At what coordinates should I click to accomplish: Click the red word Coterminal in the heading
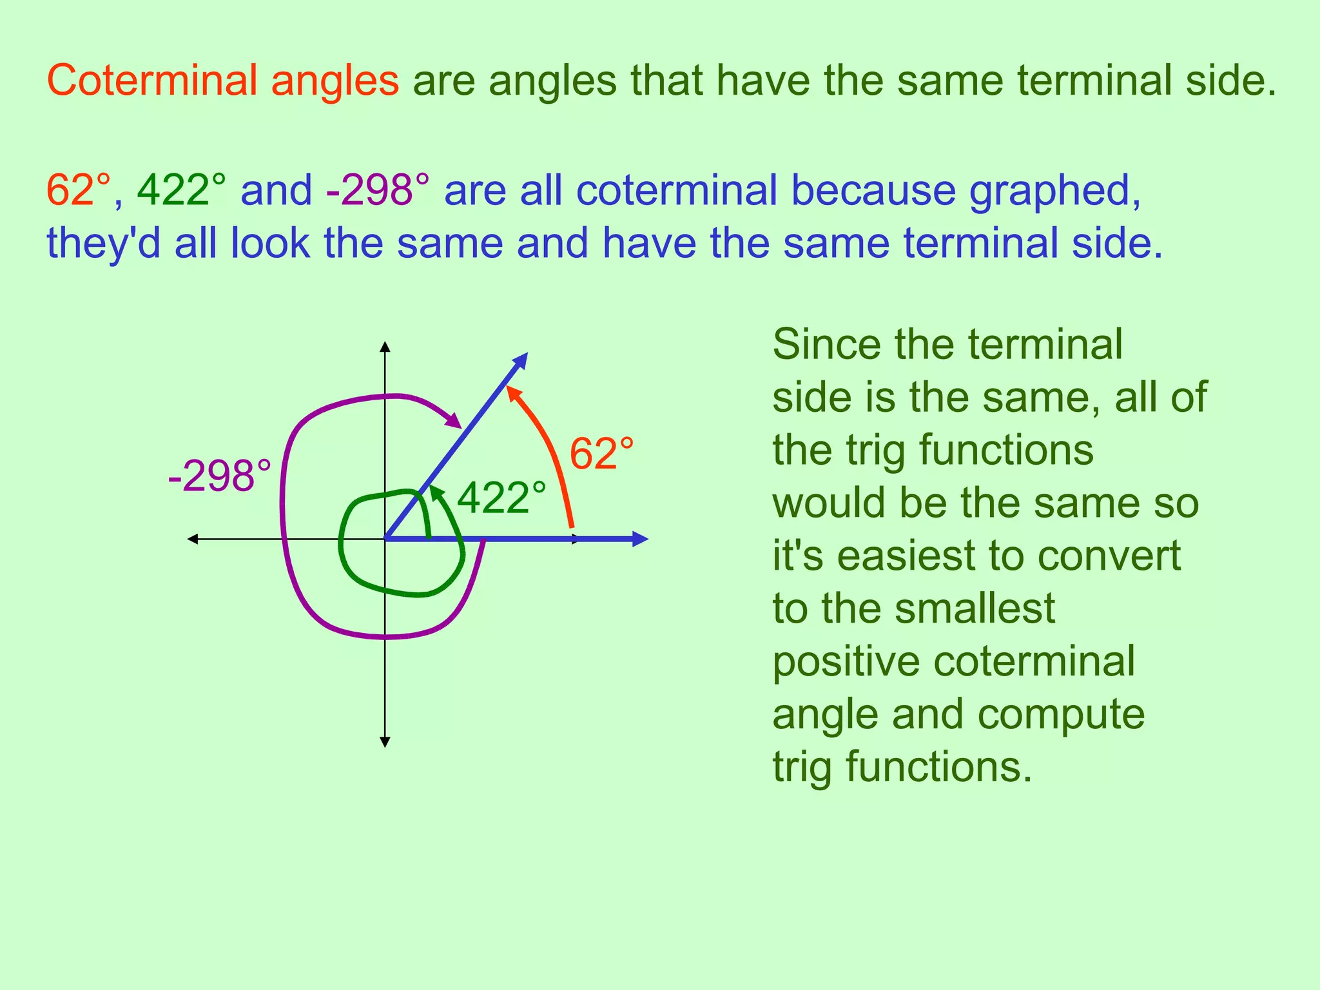pos(153,82)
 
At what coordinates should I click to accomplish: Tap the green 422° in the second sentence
pos(182,191)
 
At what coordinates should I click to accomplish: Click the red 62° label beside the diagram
pos(601,454)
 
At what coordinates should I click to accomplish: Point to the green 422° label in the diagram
pos(501,499)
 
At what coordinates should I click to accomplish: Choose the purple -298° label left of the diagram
pos(220,477)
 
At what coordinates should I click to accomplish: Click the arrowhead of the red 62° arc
pos(511,391)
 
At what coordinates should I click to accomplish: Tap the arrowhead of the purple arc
pos(456,422)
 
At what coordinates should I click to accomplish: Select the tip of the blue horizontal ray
pos(643,539)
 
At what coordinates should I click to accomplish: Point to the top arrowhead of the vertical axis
pos(385,346)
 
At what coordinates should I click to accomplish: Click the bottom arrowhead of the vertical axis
pos(385,742)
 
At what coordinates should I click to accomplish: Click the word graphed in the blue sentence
pos(1055,191)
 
